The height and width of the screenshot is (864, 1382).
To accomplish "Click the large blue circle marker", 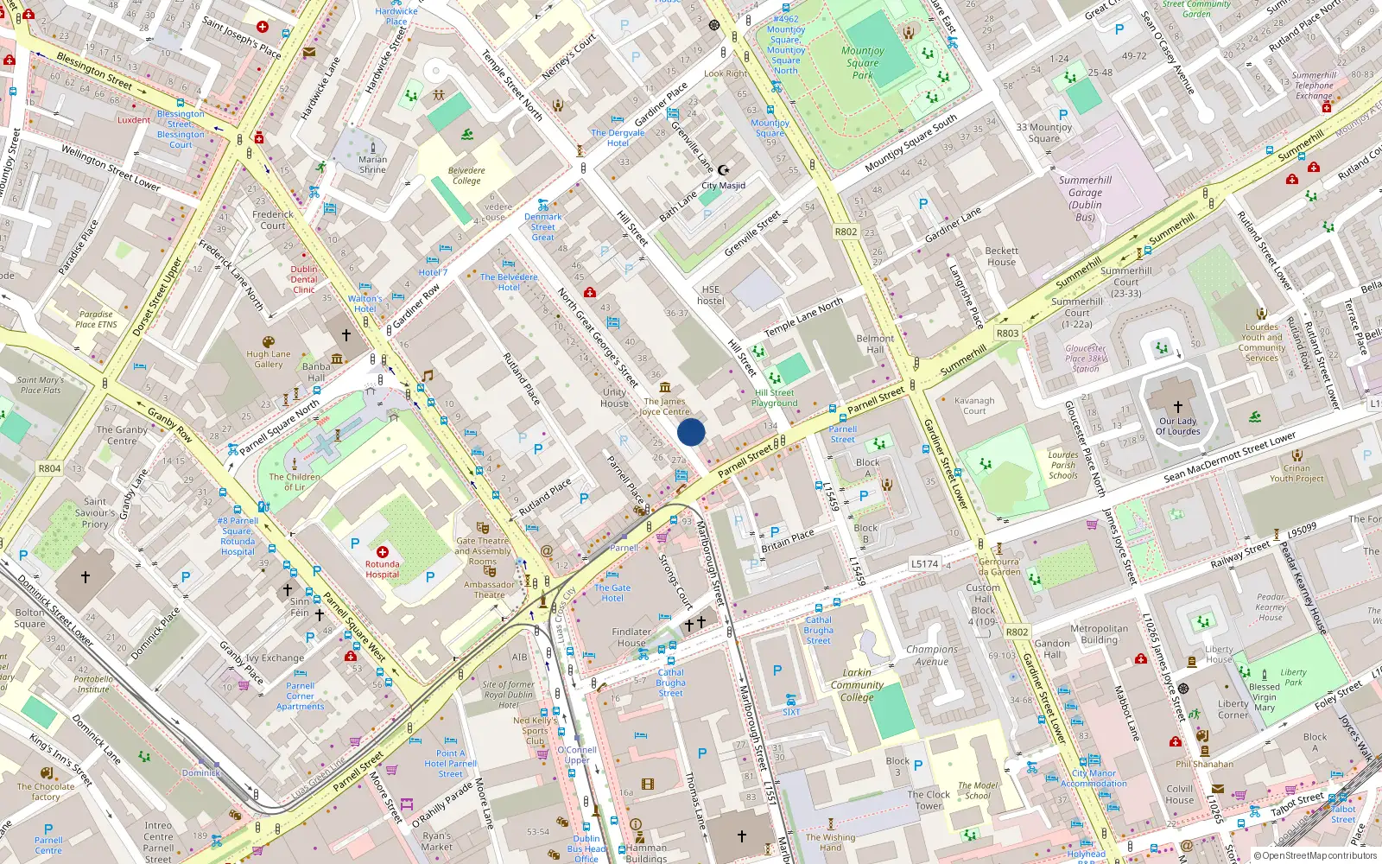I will coord(691,432).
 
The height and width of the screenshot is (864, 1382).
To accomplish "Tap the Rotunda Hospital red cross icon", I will coord(383,551).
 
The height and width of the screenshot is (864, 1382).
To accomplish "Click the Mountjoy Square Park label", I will coord(862,63).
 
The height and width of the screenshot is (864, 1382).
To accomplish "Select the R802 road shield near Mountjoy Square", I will coord(846,232).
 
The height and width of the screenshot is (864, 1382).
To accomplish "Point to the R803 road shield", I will coord(1007,333).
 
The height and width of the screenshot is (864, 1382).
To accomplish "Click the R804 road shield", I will coord(49,468).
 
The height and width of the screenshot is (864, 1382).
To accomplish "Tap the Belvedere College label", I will coord(466,175).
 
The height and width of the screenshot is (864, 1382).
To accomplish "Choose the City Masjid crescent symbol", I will coord(724,170).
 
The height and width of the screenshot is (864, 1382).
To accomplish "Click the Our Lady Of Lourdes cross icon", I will coord(1177,406).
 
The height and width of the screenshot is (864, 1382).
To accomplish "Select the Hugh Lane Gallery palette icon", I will coord(268,341).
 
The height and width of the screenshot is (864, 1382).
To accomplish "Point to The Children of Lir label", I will coord(295,481).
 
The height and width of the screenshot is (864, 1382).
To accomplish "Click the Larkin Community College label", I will coord(857,684).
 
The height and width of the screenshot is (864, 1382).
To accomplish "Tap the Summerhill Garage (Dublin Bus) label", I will coord(1085,198).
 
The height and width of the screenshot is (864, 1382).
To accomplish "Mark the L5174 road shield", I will coord(924,563).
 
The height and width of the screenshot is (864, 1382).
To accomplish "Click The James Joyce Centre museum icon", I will coord(664,387).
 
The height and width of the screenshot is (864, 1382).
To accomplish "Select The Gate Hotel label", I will coord(612,593).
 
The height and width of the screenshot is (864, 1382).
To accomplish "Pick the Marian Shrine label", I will coord(373,164).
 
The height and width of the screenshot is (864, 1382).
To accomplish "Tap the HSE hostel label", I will coord(711,295).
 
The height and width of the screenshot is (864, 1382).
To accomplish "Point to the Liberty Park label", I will coord(1293,677).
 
